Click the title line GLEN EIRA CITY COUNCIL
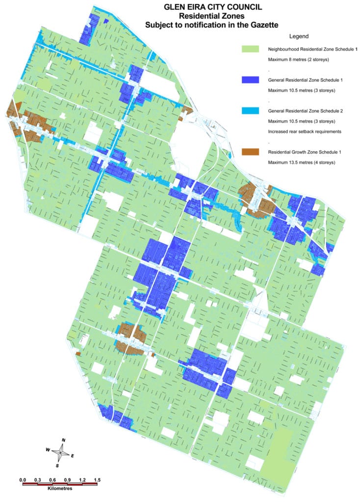tap(213, 7)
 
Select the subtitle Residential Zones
tap(213, 16)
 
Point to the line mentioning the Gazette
tap(213, 25)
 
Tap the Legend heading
tap(299, 37)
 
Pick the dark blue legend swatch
tap(250, 80)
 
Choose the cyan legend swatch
tap(250, 111)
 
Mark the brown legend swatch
tap(250, 152)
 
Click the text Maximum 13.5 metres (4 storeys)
tap(301, 162)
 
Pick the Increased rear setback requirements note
tap(304, 132)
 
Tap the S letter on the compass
tap(57, 465)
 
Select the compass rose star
tap(61, 452)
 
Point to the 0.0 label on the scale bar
tap(22, 479)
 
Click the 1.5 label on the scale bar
tap(97, 479)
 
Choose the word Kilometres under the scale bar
tap(60, 489)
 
